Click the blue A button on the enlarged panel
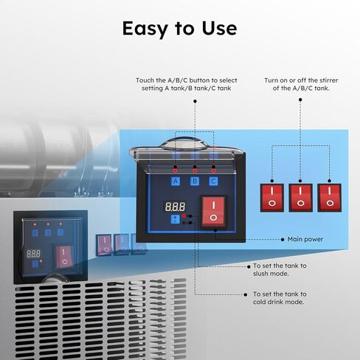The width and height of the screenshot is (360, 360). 176,181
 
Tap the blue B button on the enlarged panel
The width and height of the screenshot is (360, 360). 195,181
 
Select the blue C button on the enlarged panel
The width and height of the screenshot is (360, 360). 213,181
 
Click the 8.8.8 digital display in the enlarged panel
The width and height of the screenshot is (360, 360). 175,207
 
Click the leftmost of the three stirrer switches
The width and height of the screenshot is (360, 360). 272,198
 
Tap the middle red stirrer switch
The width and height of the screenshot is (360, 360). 300,198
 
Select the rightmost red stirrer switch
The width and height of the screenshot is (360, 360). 329,198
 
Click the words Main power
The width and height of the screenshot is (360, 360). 305,239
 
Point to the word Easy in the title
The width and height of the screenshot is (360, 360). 147,29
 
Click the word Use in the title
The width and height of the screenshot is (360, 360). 219,29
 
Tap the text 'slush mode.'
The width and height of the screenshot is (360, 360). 271,274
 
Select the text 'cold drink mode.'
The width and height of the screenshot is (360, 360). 278,302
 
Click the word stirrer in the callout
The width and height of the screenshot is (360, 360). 329,80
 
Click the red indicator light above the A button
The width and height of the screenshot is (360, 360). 175,170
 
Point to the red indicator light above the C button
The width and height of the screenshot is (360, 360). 213,170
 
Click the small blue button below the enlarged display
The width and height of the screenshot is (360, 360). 175,219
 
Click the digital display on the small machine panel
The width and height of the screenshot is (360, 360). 33,254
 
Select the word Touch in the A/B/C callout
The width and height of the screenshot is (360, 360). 145,80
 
